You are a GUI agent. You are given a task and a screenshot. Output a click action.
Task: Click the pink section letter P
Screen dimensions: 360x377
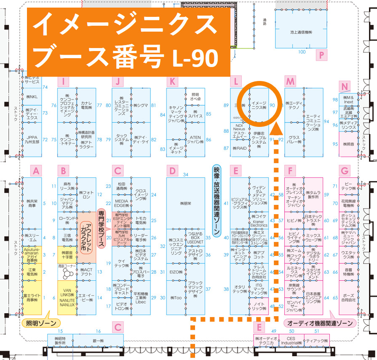(321, 55)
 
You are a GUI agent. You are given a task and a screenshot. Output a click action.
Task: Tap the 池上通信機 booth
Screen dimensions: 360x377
(300, 32)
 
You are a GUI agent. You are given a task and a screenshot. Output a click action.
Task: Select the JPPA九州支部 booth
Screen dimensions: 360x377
(32, 140)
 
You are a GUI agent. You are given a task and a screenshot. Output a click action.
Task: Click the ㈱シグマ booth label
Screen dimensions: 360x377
(141, 105)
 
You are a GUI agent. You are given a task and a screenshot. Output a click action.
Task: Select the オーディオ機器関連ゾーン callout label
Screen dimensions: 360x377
(320, 323)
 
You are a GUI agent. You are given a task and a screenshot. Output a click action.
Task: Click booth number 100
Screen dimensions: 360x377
(301, 52)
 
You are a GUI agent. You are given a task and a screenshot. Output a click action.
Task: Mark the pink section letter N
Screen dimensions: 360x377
(345, 87)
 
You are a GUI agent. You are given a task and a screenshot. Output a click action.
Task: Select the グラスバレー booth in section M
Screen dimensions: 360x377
(294, 140)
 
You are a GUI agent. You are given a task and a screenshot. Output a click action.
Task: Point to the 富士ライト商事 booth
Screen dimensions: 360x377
(32, 297)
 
